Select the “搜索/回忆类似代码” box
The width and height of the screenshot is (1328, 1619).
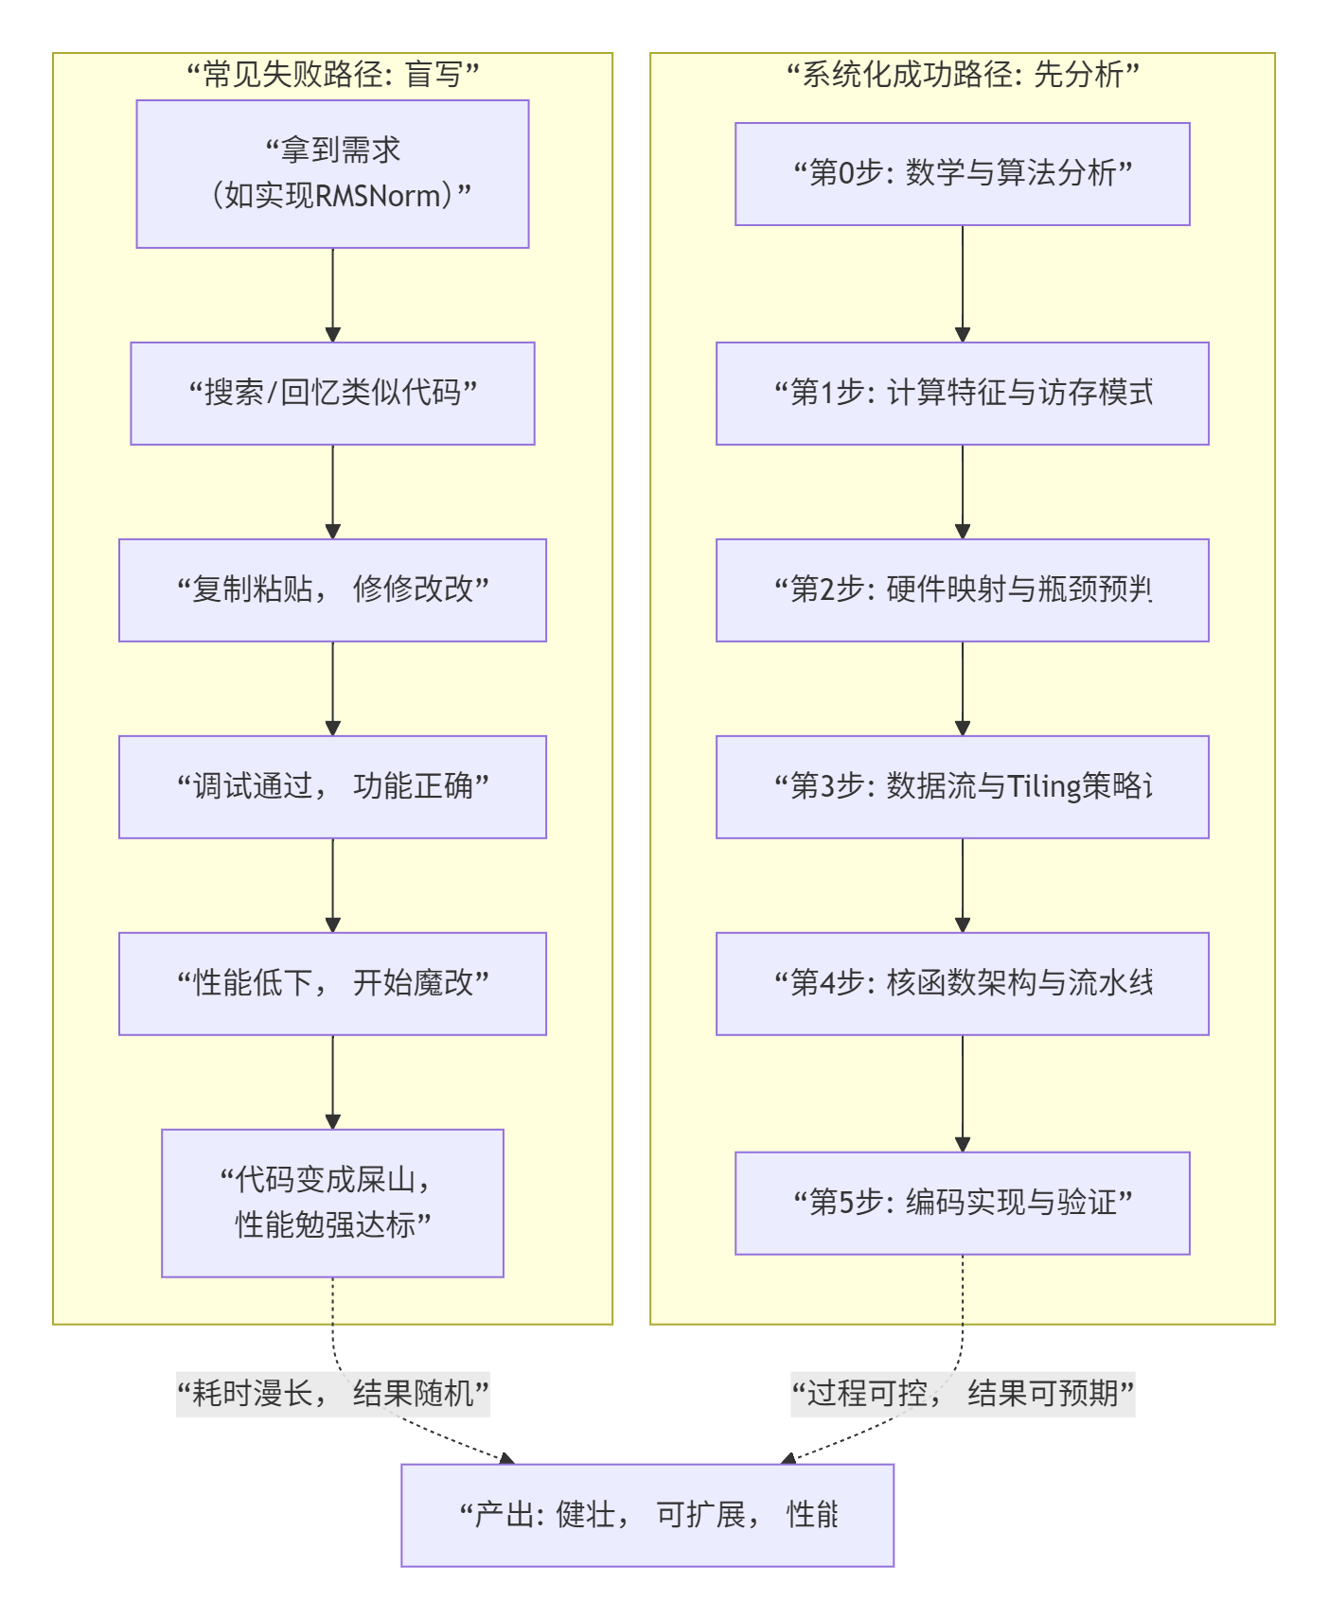click(x=332, y=393)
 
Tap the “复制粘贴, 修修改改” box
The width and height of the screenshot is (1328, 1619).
click(x=332, y=590)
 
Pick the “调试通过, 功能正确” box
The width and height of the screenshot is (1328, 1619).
click(x=332, y=786)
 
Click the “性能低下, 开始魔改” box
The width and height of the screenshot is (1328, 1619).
click(x=332, y=983)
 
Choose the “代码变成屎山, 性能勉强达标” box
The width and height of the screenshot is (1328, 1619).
click(x=332, y=1203)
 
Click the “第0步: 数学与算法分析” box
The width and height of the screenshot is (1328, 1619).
click(x=962, y=173)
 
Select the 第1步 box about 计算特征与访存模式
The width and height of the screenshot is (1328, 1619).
click(x=962, y=393)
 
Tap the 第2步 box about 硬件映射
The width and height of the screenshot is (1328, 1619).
click(x=962, y=590)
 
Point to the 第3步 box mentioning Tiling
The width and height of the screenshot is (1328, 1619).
click(x=962, y=786)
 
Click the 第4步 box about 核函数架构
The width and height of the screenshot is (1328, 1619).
click(x=962, y=983)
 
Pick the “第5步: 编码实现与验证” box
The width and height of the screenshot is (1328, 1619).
click(x=962, y=1203)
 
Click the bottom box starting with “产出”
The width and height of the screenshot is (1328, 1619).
click(x=646, y=1515)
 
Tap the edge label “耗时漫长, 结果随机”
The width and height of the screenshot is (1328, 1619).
click(x=332, y=1393)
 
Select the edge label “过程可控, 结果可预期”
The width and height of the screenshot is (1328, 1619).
click(x=962, y=1393)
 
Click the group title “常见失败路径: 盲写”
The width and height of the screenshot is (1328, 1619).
click(x=332, y=74)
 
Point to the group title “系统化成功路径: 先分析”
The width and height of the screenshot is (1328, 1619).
click(x=962, y=74)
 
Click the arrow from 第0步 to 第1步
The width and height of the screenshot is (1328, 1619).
click(x=963, y=284)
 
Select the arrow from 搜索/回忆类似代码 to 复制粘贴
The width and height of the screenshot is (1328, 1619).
click(x=332, y=492)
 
